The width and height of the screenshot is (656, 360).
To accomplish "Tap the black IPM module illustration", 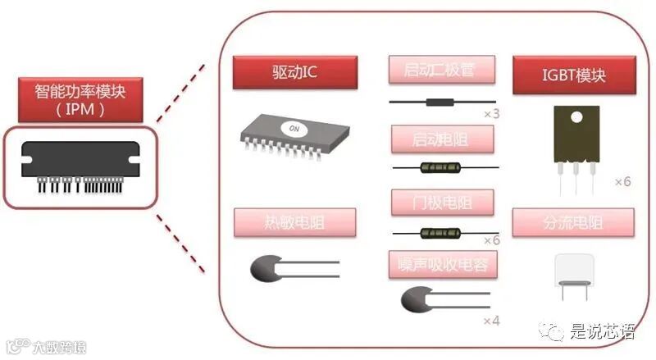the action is click(80, 166).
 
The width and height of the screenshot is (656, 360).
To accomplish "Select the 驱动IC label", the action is click(294, 73).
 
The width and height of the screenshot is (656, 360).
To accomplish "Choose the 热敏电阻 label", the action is click(294, 223).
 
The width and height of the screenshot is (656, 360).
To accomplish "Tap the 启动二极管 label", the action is click(442, 69).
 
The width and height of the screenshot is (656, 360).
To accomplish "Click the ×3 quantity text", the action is click(491, 113).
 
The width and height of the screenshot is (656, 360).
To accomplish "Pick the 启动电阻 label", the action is click(442, 139).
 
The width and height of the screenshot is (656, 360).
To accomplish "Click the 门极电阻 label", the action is click(442, 201).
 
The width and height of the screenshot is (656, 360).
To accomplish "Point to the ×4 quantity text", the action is click(491, 320).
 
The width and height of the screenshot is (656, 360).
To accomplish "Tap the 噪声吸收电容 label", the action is click(442, 263).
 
